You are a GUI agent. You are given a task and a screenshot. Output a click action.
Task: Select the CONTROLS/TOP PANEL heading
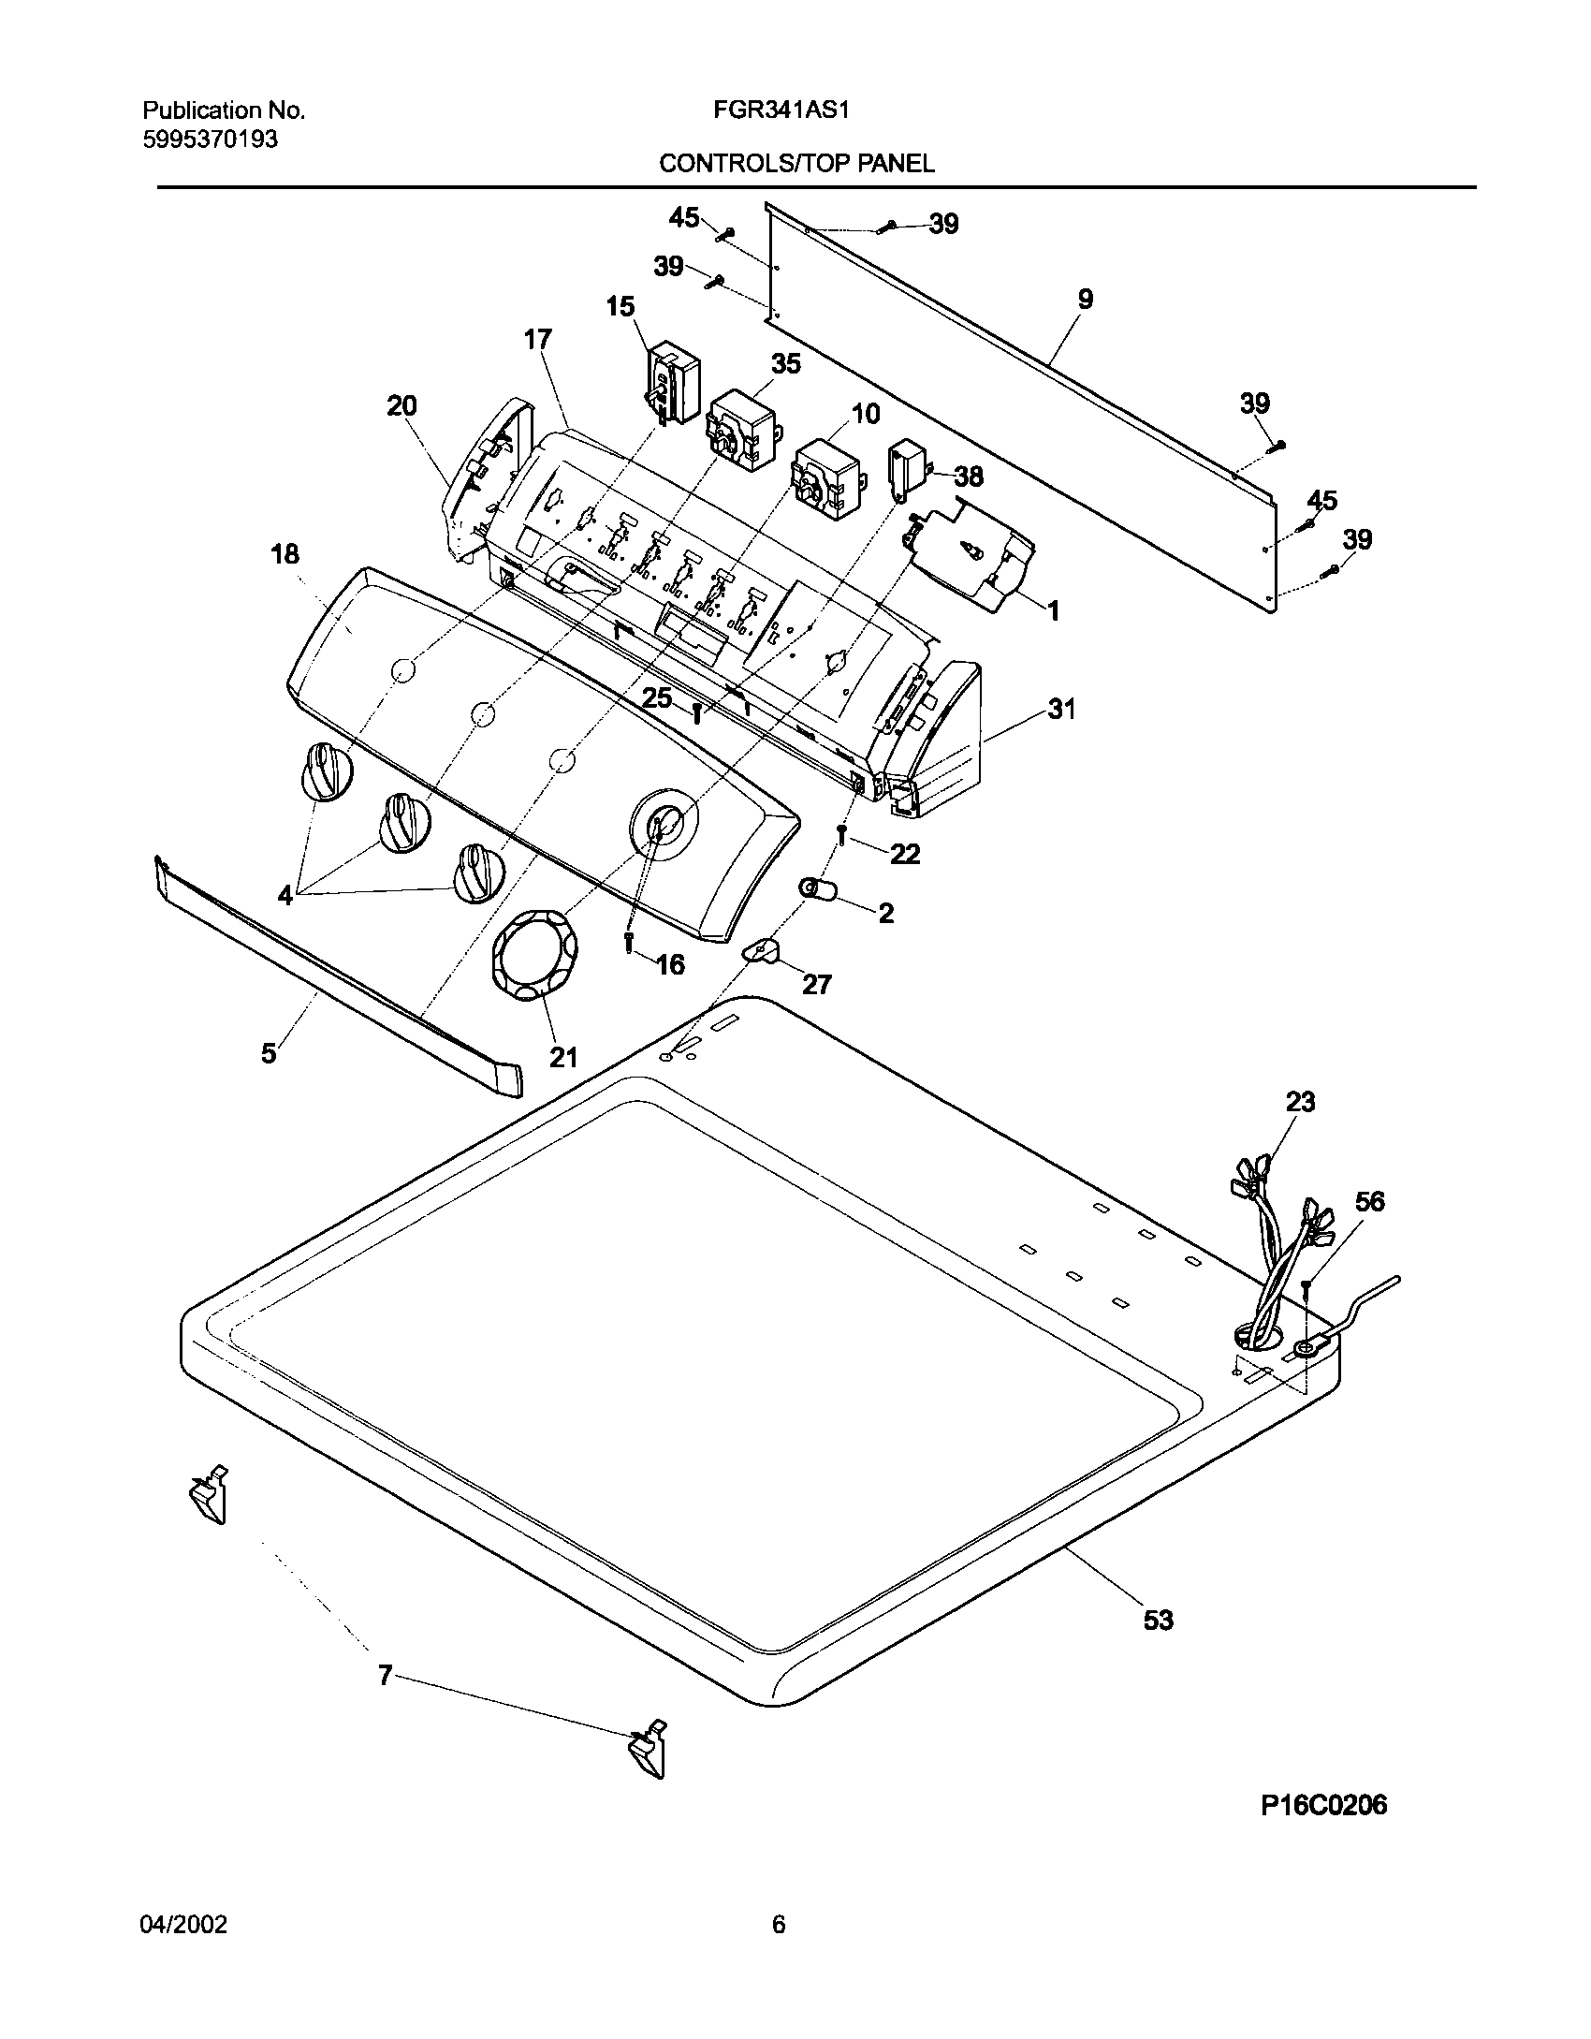[796, 164]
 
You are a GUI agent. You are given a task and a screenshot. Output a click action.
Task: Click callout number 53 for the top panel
[1158, 1620]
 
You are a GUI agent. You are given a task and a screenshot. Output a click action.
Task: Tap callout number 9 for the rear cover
[1084, 300]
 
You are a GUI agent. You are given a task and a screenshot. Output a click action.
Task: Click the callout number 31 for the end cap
[1061, 710]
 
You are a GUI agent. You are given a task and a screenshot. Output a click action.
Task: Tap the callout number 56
[1369, 1201]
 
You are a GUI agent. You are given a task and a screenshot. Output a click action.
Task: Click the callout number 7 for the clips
[385, 1675]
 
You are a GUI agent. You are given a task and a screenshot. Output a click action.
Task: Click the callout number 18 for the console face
[285, 554]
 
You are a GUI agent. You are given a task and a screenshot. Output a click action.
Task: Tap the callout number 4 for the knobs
[285, 895]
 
